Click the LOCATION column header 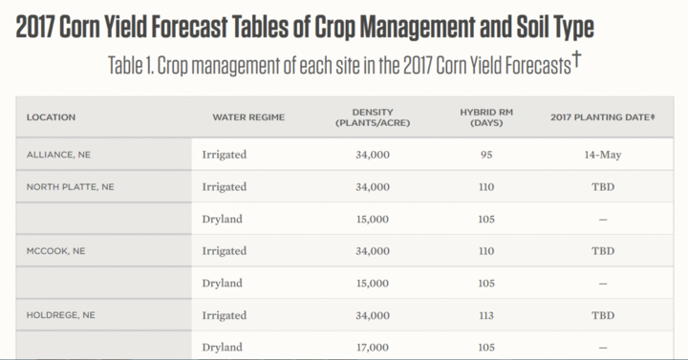[x=51, y=117]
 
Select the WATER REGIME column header [x=248, y=117]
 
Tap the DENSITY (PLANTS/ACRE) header [x=373, y=117]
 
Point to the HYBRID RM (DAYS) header [x=486, y=117]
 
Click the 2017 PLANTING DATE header [x=602, y=117]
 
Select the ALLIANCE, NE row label [x=58, y=155]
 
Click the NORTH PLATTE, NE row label [x=70, y=187]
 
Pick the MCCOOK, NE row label [x=55, y=251]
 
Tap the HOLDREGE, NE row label [x=60, y=315]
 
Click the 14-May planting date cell [x=602, y=155]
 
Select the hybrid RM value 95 [x=486, y=155]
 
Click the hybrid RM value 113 [x=486, y=315]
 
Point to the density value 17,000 [x=373, y=348]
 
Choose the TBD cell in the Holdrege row [x=603, y=315]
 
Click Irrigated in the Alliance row [x=225, y=155]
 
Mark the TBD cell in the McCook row [x=603, y=251]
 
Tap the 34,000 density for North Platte [x=373, y=187]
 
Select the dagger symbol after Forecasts [x=576, y=59]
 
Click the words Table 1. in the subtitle [x=131, y=66]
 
